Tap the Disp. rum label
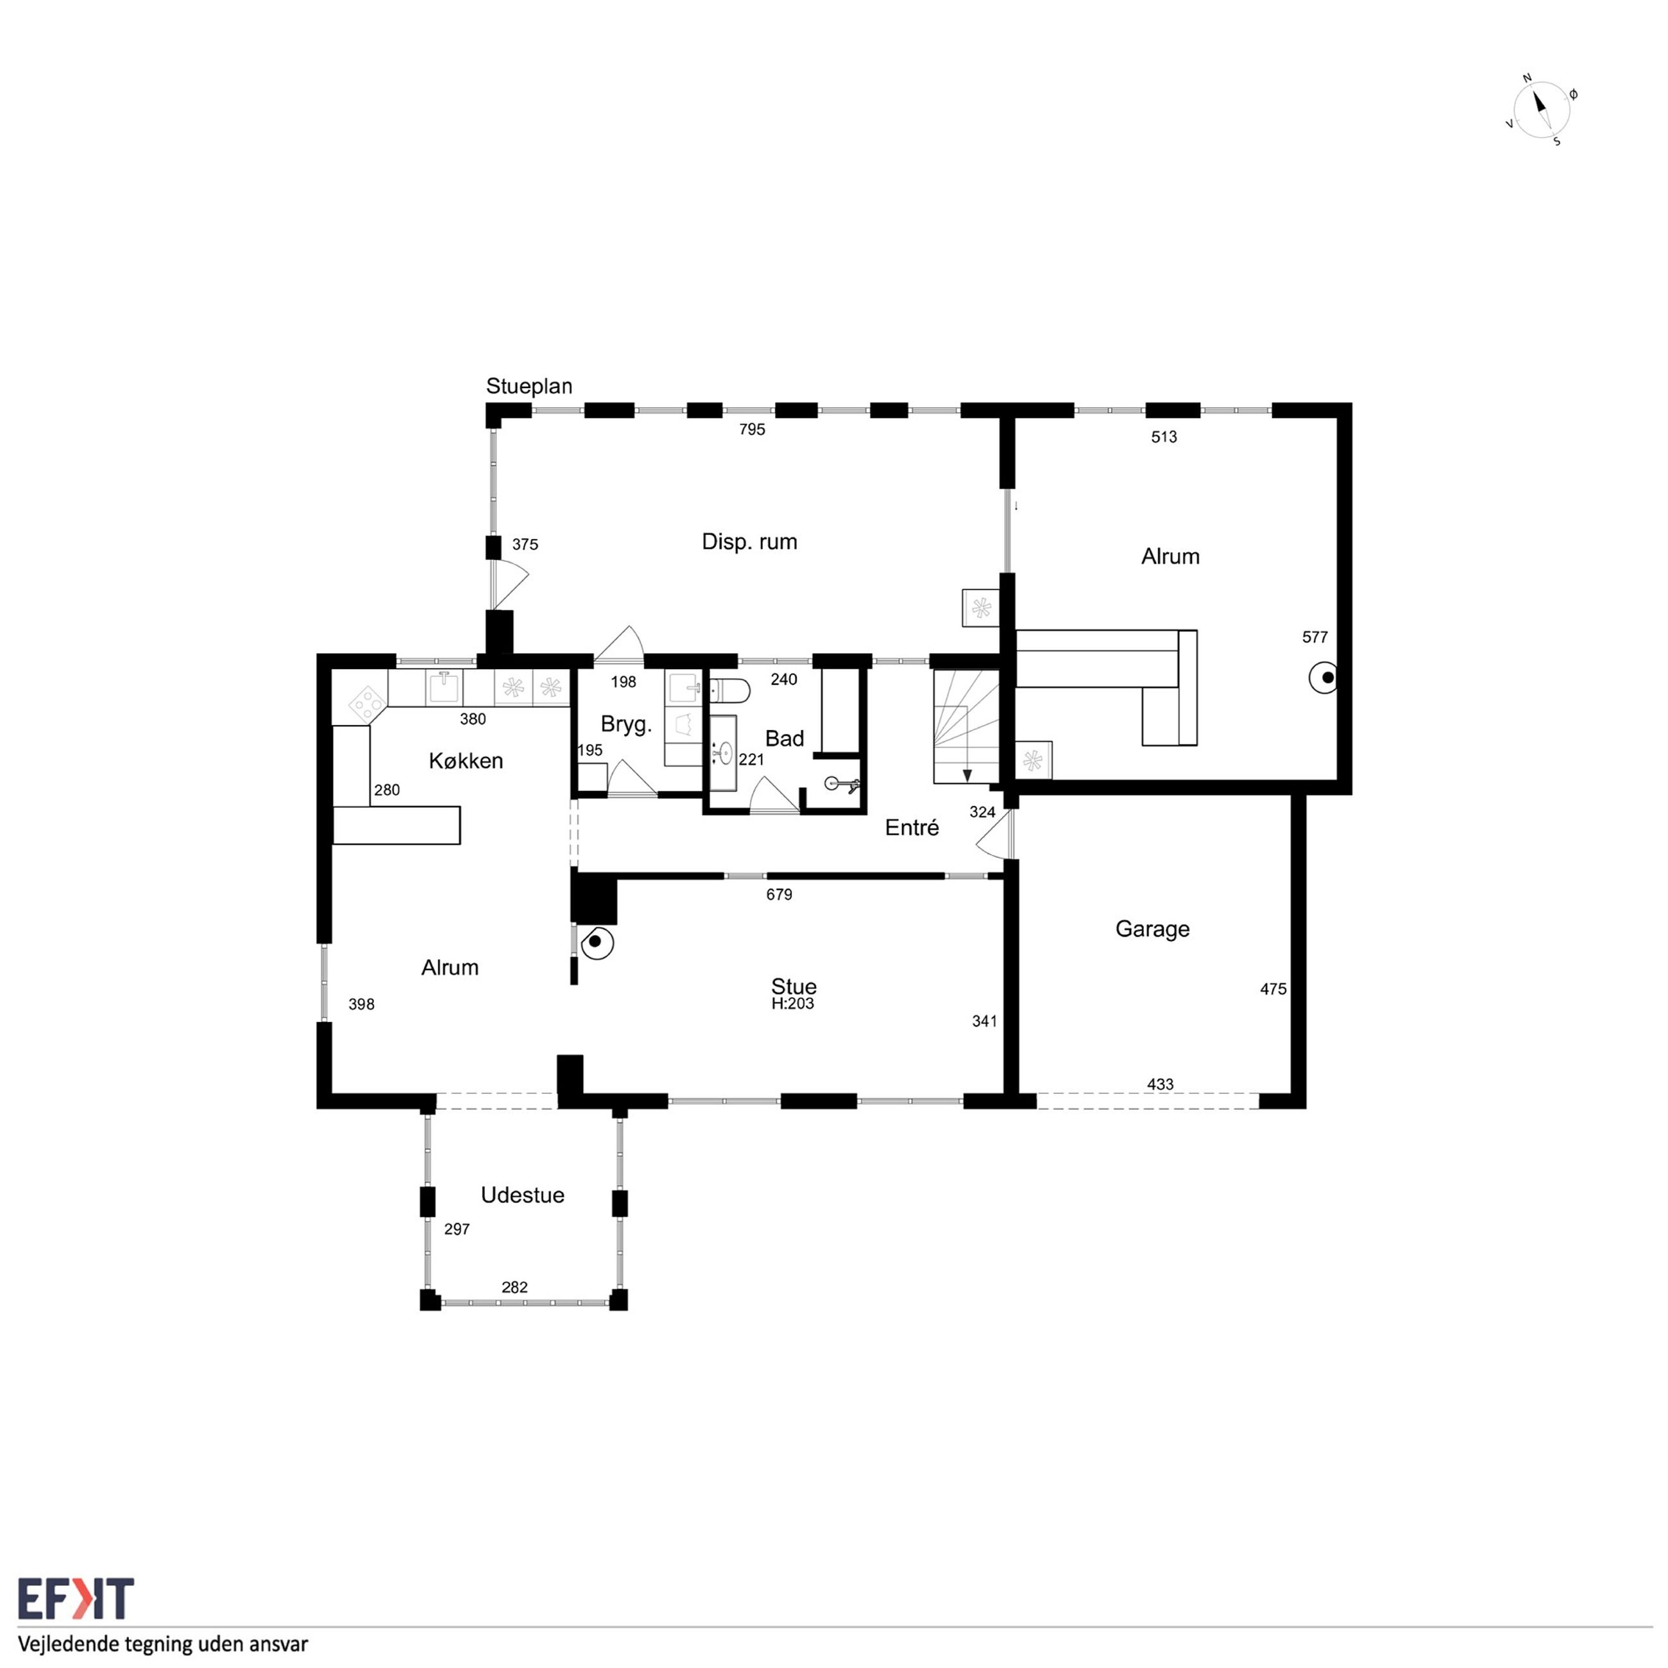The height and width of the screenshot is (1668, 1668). (x=749, y=542)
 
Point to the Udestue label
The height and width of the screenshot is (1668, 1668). (x=522, y=1195)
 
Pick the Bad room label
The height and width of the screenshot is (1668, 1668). (x=784, y=738)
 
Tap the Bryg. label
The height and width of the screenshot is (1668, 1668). (x=626, y=724)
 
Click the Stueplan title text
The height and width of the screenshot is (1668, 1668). (x=529, y=386)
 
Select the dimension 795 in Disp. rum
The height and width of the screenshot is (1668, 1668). (x=752, y=429)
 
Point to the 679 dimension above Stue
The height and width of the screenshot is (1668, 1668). (x=779, y=894)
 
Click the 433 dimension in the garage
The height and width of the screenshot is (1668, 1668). (x=1161, y=1084)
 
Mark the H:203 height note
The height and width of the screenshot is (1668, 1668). (x=792, y=1003)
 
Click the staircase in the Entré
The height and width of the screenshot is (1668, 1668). (x=966, y=727)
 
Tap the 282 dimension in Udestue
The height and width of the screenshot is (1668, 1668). (x=515, y=1288)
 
